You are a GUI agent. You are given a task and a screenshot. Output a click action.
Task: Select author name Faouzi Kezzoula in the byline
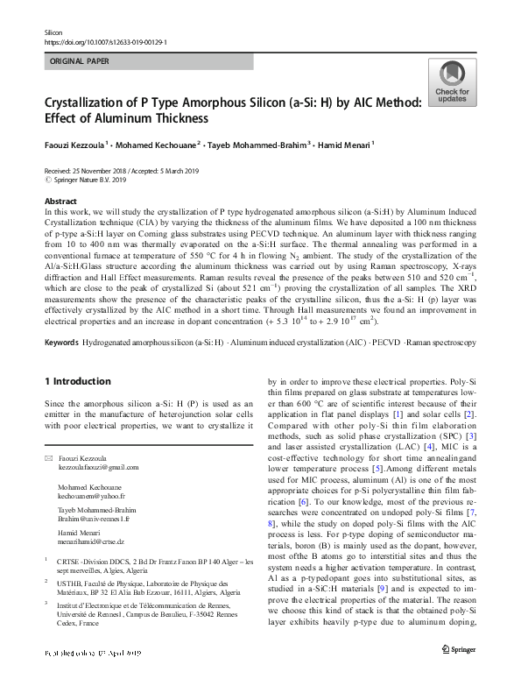(74, 145)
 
